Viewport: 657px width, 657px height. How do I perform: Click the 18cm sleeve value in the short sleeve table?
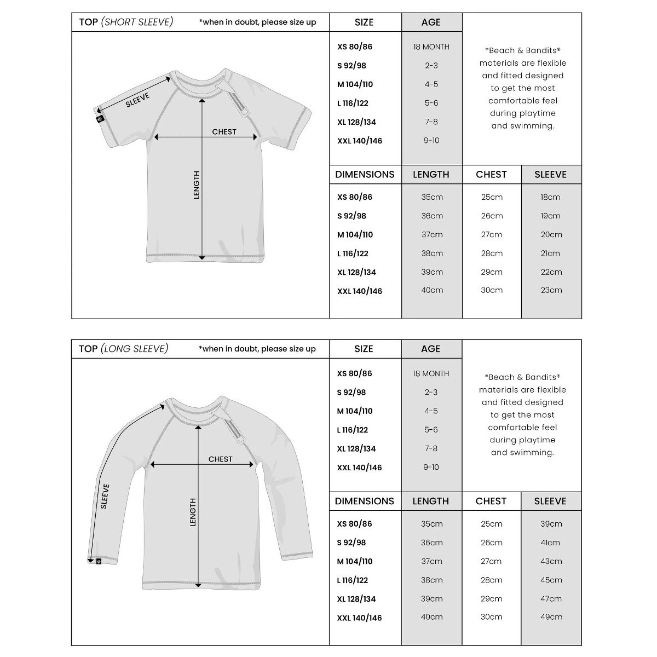[550, 197]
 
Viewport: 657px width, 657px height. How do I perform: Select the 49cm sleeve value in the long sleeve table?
[551, 617]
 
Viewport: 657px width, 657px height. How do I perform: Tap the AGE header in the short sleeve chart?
[431, 22]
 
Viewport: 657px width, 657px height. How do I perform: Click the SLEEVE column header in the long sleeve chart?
[550, 501]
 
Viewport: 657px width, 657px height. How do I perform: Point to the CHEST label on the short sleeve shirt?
[224, 131]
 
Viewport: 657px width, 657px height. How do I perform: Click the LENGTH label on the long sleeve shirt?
[193, 512]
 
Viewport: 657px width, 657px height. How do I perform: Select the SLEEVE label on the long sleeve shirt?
[105, 496]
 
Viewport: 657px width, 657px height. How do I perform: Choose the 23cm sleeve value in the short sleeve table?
[551, 290]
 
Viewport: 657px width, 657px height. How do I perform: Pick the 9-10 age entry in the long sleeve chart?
[431, 467]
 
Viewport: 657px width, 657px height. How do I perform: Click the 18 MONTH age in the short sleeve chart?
[431, 47]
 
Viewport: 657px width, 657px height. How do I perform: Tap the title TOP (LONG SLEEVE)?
[124, 349]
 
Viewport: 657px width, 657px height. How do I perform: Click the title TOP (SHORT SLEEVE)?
[126, 22]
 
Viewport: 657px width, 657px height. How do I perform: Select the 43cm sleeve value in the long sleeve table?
[551, 561]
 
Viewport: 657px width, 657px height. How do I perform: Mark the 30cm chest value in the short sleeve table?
[491, 290]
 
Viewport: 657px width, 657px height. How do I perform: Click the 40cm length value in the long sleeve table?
[431, 617]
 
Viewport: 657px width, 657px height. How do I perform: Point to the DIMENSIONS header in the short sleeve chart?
[365, 175]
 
